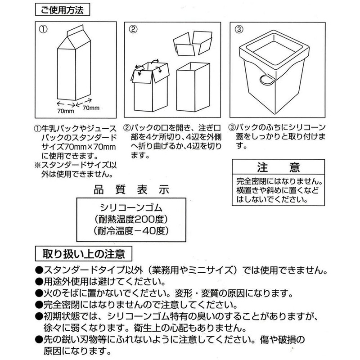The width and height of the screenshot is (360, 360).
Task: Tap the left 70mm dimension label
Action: [x=65, y=110]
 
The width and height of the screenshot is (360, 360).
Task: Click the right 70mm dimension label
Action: [x=90, y=108]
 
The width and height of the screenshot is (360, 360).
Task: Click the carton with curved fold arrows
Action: [x=149, y=88]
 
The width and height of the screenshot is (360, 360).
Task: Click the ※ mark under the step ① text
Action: [x=37, y=165]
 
